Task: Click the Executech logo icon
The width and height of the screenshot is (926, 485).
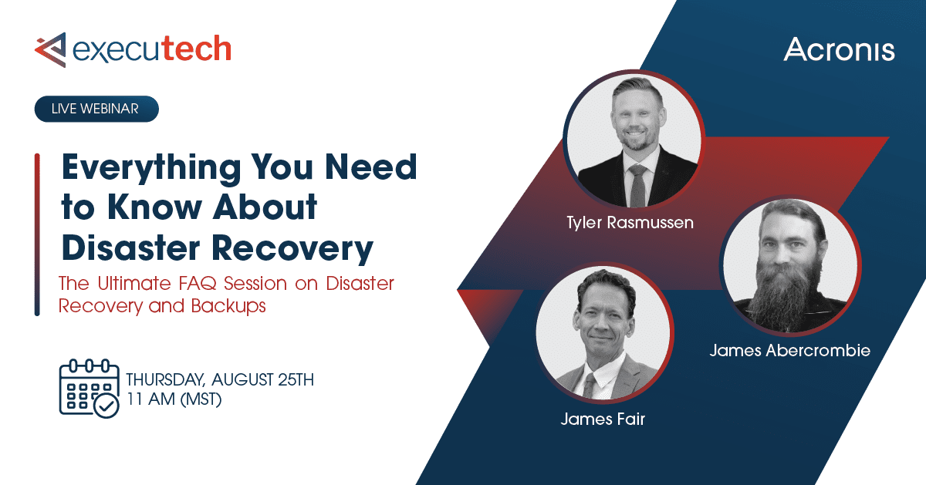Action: pos(50,49)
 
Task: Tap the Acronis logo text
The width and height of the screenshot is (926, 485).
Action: pos(839,51)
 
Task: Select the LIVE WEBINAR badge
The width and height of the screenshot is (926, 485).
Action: pos(96,109)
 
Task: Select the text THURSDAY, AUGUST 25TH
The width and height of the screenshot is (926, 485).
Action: pos(219,380)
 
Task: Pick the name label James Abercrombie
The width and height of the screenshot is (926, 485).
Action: pos(790,351)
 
